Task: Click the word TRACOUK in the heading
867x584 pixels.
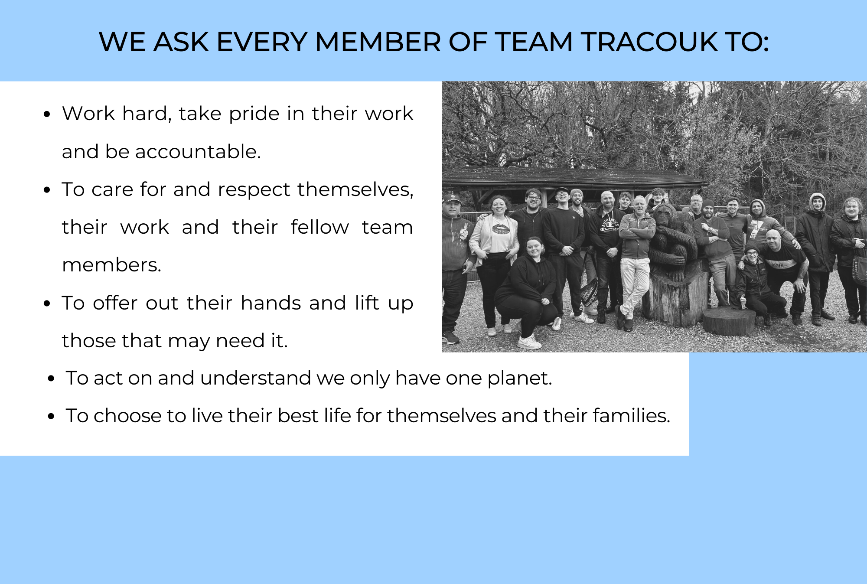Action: (649, 42)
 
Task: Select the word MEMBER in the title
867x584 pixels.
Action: (378, 42)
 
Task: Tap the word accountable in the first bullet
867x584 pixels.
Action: (198, 152)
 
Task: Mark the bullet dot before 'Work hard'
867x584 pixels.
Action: (48, 114)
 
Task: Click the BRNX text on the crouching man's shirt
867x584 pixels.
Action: (777, 264)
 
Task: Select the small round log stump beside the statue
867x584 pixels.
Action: (729, 321)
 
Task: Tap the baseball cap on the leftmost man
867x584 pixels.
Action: (451, 199)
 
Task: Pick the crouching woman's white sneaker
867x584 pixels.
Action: (529, 342)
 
